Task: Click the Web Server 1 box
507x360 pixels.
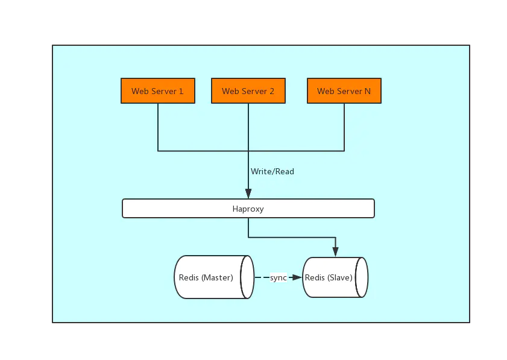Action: [x=158, y=91]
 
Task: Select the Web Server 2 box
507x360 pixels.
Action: [x=248, y=91]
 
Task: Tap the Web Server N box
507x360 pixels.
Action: [x=344, y=91]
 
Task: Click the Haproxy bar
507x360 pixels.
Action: [x=248, y=209]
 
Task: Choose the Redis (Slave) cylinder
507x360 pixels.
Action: [x=332, y=277]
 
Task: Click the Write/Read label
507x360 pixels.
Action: [x=272, y=172]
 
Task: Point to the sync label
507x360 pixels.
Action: [x=279, y=277]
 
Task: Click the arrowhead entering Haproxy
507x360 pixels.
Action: [x=248, y=194]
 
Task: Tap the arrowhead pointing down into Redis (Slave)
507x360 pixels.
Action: [x=335, y=251]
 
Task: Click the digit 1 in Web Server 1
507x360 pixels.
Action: [x=181, y=91]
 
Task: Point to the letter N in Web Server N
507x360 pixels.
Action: [x=368, y=91]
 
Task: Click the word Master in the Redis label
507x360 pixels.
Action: [x=217, y=277]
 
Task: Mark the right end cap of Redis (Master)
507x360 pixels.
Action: [x=247, y=277]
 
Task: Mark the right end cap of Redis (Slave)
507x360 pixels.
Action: [x=362, y=277]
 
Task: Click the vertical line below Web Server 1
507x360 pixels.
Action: [x=158, y=127]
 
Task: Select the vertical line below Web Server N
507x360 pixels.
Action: [x=344, y=127]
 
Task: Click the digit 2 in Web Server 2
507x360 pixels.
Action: [x=272, y=91]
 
